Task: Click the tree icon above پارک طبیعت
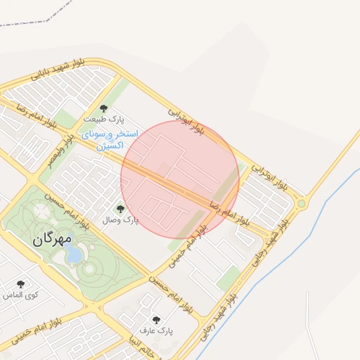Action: pyautogui.click(x=104, y=108)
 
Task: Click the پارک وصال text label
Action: pyautogui.click(x=120, y=220)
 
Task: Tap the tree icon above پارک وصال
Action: pyautogui.click(x=120, y=208)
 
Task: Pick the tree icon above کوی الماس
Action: pyautogui.click(x=20, y=284)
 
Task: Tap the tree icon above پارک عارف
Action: pyautogui.click(x=156, y=319)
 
